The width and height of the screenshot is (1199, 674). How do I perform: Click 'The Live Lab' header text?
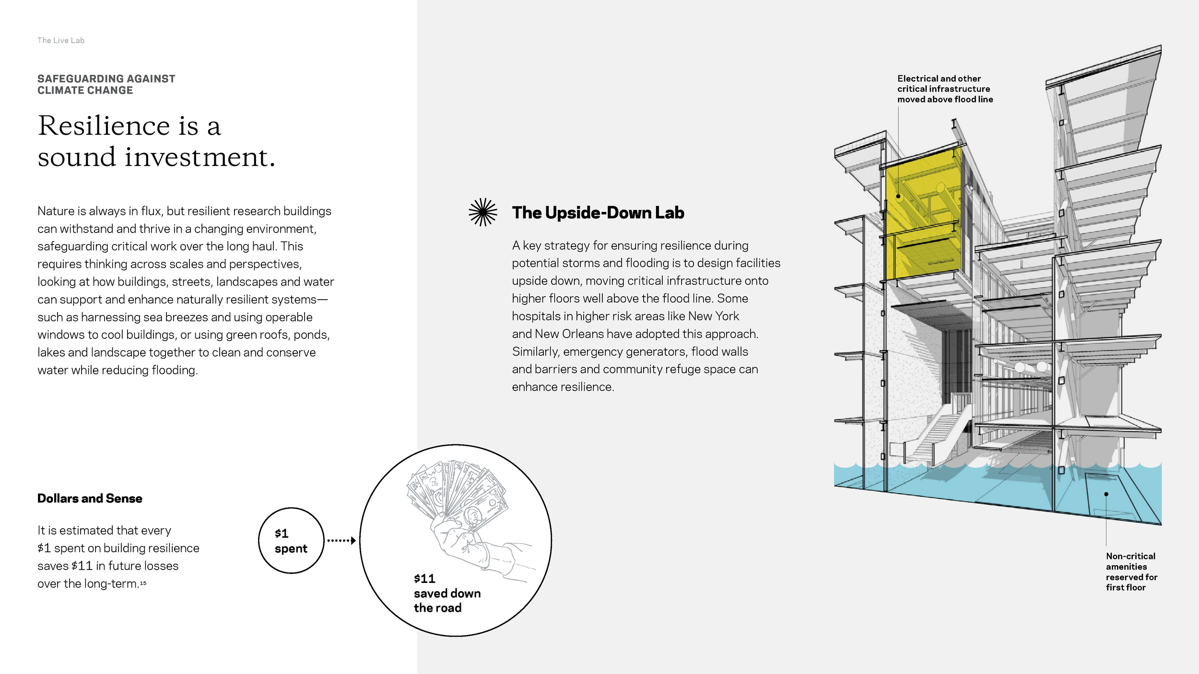[61, 41]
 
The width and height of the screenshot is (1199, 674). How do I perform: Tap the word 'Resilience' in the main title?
[104, 126]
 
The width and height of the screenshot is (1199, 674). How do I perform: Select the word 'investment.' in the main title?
[200, 157]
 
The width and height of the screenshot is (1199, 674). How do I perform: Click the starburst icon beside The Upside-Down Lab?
[482, 212]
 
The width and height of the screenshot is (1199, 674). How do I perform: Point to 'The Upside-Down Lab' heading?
[598, 213]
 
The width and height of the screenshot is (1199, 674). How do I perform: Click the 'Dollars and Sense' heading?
[90, 499]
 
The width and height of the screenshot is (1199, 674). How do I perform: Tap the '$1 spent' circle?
[291, 541]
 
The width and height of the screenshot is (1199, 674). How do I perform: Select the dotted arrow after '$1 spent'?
[341, 541]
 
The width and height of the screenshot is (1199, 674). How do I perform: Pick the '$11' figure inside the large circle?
[424, 579]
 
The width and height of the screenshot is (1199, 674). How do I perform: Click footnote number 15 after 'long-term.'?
[143, 583]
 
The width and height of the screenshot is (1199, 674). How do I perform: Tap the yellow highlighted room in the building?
[923, 216]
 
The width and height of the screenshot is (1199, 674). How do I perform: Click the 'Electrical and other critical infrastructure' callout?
[944, 89]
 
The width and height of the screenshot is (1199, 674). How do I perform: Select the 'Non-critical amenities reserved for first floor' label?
[1131, 571]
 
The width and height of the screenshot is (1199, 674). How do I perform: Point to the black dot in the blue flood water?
[1106, 494]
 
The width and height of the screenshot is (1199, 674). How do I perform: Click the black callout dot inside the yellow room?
[898, 196]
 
